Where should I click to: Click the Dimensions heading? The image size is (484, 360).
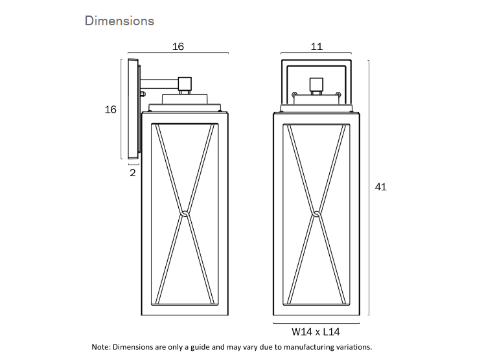119,21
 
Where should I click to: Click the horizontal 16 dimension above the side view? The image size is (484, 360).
178,47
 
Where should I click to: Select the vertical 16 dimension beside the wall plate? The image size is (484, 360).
111,109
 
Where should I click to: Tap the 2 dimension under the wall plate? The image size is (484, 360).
133,173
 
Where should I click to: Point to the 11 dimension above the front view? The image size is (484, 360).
316,47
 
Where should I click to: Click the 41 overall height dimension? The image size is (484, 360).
381,187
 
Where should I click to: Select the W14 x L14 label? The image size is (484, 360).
316,332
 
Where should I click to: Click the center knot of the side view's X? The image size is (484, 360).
185,213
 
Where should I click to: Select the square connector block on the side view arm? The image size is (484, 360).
185,84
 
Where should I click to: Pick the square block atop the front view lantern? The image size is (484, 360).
316,84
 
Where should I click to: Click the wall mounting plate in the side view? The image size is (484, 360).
133,109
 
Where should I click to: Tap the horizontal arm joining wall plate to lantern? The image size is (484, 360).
159,84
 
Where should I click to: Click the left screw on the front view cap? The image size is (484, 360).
295,95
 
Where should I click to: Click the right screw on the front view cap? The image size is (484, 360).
337,95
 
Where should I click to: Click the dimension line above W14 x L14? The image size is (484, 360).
316,322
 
